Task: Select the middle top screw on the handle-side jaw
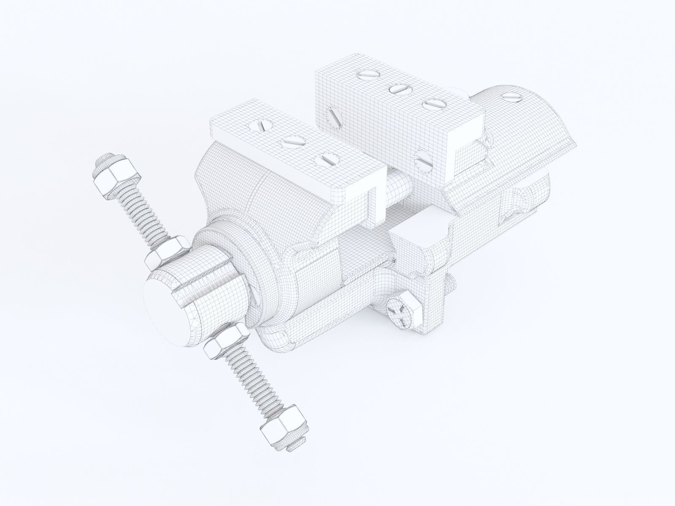(292, 141)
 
